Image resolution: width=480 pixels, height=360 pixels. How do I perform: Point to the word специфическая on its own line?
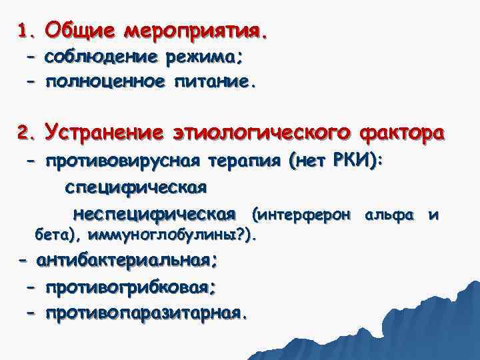point(136,187)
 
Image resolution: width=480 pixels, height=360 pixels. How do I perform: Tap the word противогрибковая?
point(129,287)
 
